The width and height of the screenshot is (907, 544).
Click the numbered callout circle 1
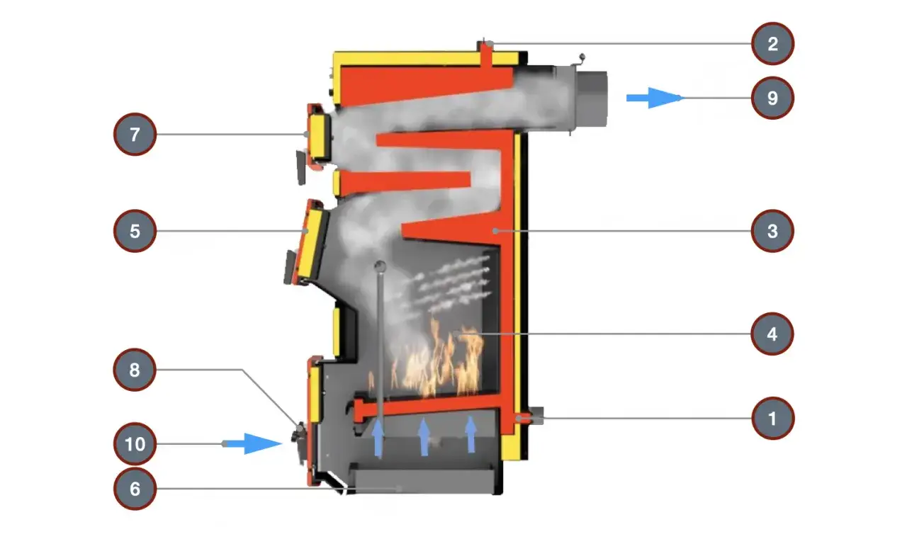tap(772, 418)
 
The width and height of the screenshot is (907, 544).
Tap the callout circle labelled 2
tap(772, 44)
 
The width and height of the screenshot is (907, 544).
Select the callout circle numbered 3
tap(772, 231)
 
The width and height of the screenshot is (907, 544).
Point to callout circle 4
tap(772, 334)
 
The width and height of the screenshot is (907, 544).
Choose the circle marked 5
tap(135, 231)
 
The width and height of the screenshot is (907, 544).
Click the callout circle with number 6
tap(135, 489)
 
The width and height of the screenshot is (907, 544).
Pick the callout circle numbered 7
tap(135, 134)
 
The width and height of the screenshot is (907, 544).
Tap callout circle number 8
tap(135, 370)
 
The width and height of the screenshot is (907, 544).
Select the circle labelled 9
tap(772, 98)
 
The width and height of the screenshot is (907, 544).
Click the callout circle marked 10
tap(135, 444)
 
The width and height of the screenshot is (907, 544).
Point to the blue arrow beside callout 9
tap(655, 98)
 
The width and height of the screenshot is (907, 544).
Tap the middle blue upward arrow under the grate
tap(424, 437)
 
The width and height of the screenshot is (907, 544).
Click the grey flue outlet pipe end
tap(591, 98)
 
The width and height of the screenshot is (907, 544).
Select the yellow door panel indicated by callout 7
tap(319, 135)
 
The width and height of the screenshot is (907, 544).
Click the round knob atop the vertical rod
tap(381, 266)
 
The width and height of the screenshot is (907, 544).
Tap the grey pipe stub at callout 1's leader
tap(535, 416)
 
